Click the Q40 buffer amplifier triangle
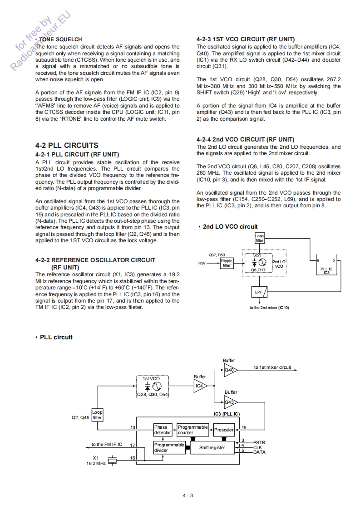tap(230, 370)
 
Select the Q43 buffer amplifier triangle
tap(230, 402)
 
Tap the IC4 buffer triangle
tap(200, 386)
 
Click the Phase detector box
tap(162, 430)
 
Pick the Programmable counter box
tap(192, 430)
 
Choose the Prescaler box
tap(224, 430)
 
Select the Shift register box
tap(212, 448)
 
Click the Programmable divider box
tap(169, 448)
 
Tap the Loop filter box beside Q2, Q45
tap(97, 415)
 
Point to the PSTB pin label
tap(259, 442)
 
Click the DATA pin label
tap(259, 452)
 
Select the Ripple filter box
tap(227, 263)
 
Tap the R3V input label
tap(202, 263)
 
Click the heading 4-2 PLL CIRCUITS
tap(66, 145)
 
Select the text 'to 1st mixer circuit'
tap(272, 367)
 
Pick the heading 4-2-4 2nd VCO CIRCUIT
tap(245, 139)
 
